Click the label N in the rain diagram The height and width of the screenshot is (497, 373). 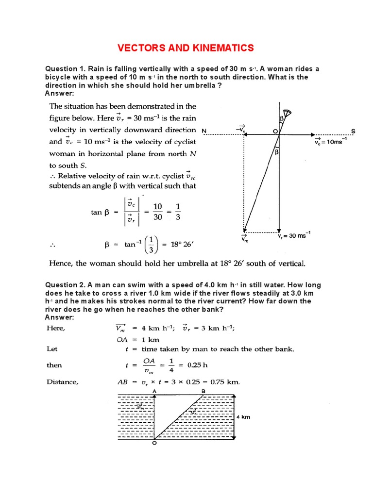(x=203, y=131)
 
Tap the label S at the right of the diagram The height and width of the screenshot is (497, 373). (x=353, y=131)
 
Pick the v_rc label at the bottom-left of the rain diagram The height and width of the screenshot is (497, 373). (x=244, y=238)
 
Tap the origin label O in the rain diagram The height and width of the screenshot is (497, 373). (x=275, y=131)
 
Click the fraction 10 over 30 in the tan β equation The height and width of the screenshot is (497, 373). (x=157, y=212)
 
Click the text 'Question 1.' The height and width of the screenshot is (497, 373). (x=65, y=69)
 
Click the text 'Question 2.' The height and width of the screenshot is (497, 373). (x=65, y=285)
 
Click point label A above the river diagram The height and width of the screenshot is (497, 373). (x=154, y=390)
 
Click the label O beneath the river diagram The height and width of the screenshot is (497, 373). (x=154, y=442)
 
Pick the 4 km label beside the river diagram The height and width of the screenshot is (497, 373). (x=243, y=417)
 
